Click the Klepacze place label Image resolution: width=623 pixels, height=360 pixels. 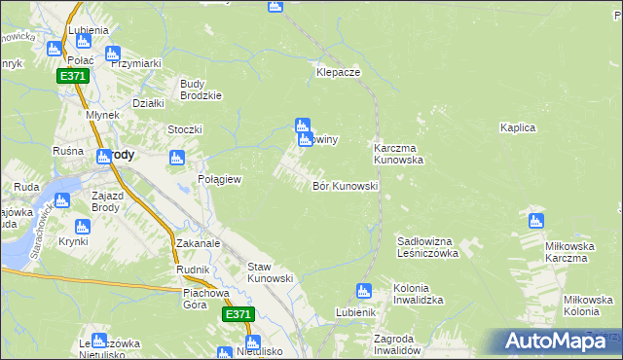(339, 72)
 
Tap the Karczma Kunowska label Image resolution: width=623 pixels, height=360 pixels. (398, 153)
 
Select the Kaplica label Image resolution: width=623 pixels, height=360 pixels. (520, 127)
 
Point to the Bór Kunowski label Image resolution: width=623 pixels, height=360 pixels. (345, 186)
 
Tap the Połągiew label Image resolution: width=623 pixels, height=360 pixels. (219, 180)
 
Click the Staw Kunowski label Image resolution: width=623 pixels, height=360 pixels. (271, 272)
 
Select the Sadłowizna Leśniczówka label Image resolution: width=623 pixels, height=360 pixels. (428, 246)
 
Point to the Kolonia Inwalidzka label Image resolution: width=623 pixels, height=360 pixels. (424, 295)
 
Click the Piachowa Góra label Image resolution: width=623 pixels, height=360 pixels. (209, 298)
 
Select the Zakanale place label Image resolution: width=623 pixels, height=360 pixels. (200, 243)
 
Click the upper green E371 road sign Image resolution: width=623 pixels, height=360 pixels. (72, 76)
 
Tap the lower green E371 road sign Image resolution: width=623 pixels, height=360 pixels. (238, 314)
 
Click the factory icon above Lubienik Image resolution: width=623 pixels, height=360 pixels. (364, 290)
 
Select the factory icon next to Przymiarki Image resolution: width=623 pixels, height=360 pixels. (112, 54)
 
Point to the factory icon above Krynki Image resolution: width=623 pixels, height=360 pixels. (82, 227)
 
